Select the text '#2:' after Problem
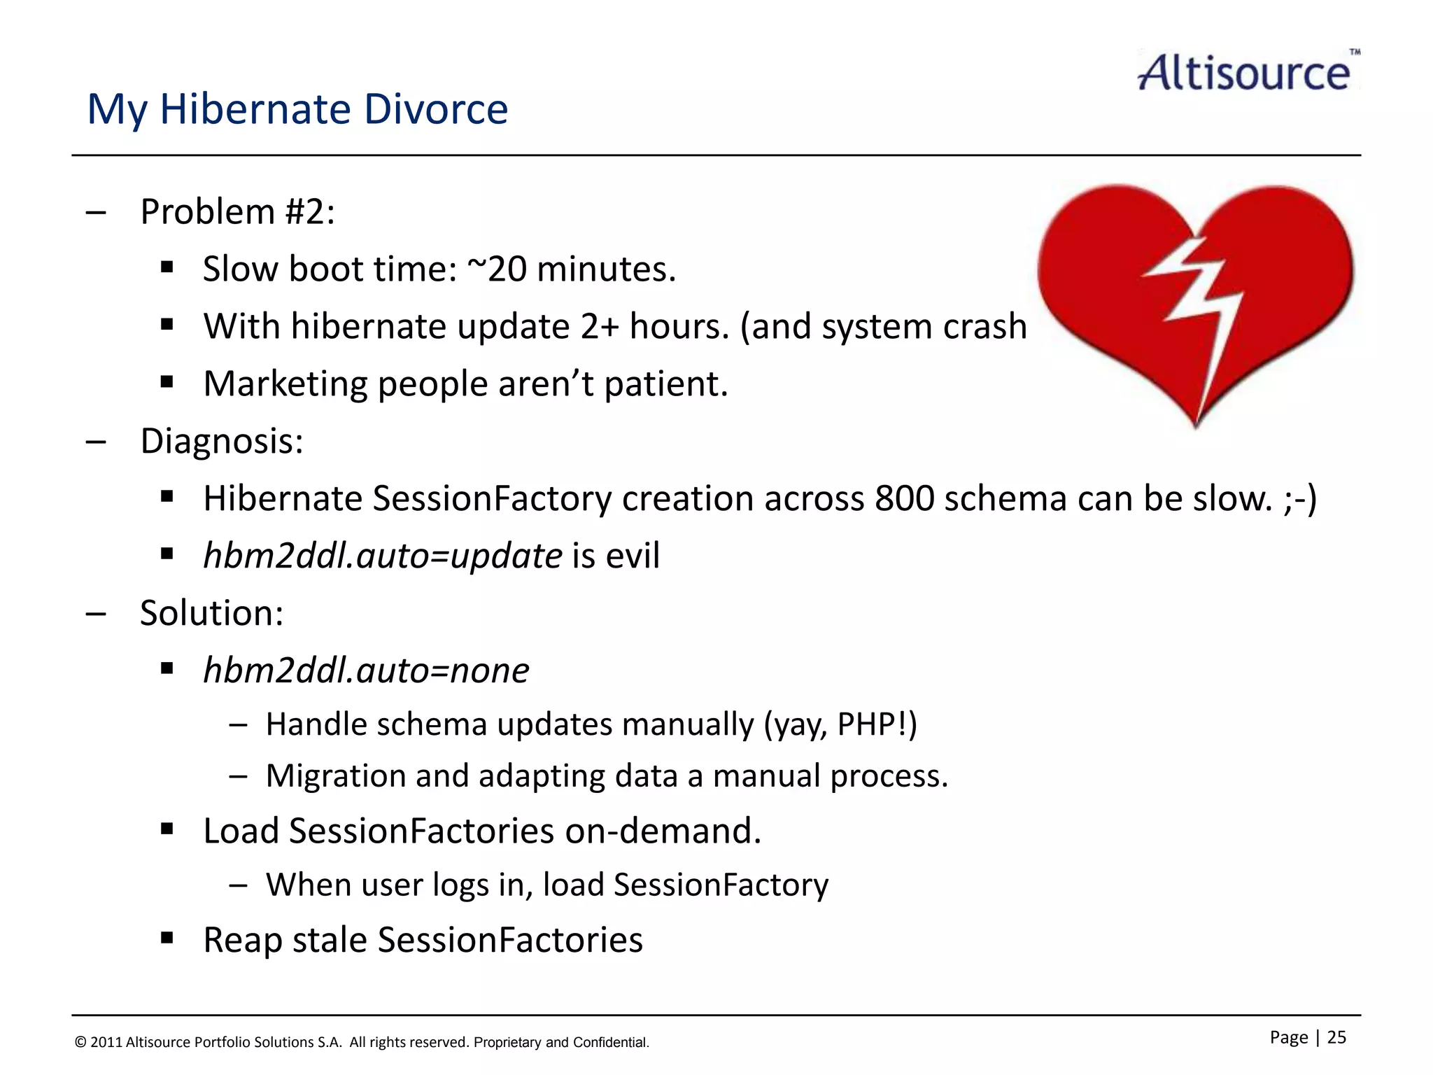[x=310, y=211]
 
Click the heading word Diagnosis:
[x=222, y=441]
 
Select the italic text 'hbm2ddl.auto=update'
[x=382, y=556]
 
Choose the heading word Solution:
[x=211, y=613]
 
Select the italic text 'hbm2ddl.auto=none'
[x=366, y=670]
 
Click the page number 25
[x=1336, y=1037]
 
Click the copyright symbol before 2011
[x=80, y=1043]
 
